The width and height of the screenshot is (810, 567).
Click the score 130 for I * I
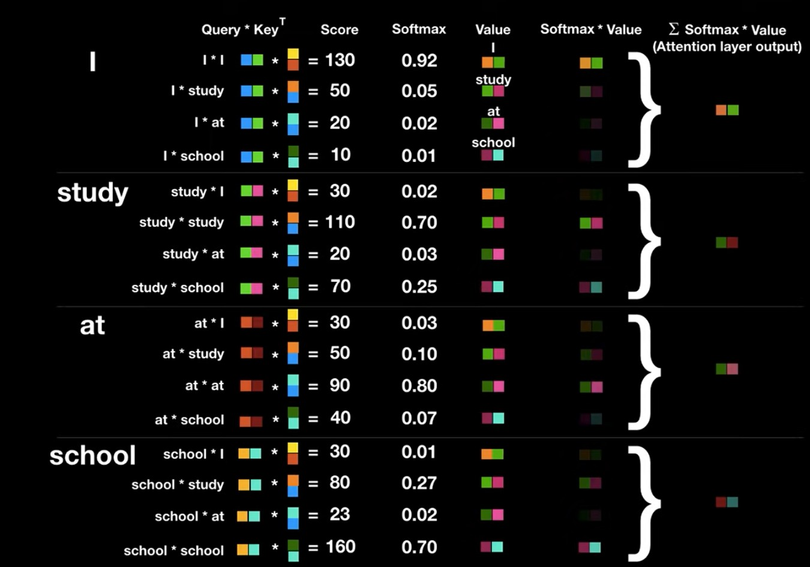coord(340,60)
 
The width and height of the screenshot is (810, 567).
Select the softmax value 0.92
coord(419,61)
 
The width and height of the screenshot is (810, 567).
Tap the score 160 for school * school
coord(340,547)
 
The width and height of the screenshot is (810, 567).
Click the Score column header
coord(339,29)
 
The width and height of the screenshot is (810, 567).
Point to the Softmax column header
coord(419,29)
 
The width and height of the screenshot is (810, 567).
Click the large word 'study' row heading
coord(92,193)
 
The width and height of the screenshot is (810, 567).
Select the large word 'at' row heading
coord(92,325)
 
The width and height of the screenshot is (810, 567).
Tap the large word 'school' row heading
coord(92,455)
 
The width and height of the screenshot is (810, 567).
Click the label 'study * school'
coord(178,287)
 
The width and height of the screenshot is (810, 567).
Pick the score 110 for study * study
coord(340,222)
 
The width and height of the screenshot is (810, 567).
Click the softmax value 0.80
coord(419,386)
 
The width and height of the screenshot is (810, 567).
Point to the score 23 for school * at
coord(340,514)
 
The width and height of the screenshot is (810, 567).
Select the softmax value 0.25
coord(419,287)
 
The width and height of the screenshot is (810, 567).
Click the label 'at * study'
coord(193,353)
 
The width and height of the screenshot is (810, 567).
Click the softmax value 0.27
coord(419,483)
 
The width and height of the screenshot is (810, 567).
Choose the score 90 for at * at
coord(340,385)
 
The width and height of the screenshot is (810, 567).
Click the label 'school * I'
coord(193,454)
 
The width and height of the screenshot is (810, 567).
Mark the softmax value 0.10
coord(419,354)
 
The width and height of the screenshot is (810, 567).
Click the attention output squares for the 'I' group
coord(727,110)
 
